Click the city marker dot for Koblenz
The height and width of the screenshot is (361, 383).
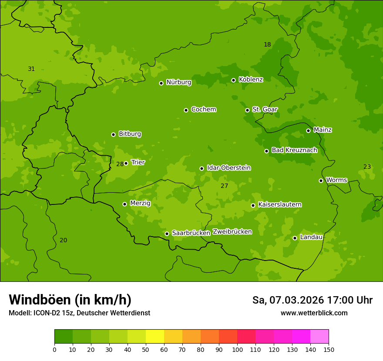click(x=233, y=80)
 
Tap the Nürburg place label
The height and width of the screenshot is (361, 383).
click(x=178, y=82)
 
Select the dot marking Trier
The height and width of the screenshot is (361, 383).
click(x=126, y=163)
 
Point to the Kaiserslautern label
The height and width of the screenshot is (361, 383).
click(x=280, y=204)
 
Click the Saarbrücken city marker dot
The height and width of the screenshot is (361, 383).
click(x=167, y=234)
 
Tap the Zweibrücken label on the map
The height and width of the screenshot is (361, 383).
click(x=232, y=232)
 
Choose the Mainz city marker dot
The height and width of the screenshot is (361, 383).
click(x=308, y=130)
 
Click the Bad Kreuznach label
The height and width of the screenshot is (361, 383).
click(x=294, y=150)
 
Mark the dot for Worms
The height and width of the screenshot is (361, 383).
click(x=321, y=180)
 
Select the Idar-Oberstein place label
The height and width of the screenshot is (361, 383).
click(x=228, y=168)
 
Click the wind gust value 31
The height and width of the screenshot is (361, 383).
click(x=31, y=69)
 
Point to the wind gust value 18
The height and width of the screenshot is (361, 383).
click(x=267, y=44)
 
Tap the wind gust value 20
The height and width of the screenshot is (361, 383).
click(x=64, y=240)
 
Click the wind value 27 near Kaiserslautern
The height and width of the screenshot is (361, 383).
click(x=224, y=186)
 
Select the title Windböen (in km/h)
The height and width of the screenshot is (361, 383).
click(x=70, y=300)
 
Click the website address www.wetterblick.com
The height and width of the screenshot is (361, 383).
click(x=314, y=313)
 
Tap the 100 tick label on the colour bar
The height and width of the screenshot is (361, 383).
click(x=237, y=349)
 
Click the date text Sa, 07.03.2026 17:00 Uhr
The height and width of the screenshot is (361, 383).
click(x=312, y=300)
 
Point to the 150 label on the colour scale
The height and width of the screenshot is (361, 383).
click(x=329, y=349)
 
